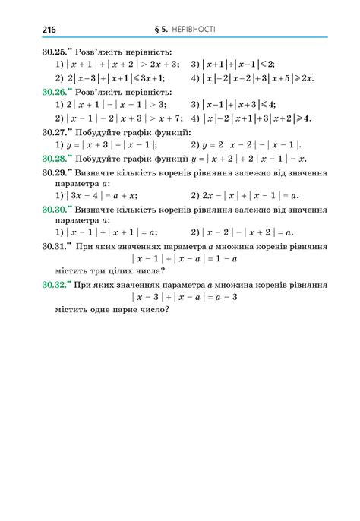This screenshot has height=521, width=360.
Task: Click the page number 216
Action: [49, 30]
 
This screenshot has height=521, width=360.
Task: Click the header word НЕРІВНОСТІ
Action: [191, 30]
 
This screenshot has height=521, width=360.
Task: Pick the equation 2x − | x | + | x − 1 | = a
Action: [248, 195]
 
